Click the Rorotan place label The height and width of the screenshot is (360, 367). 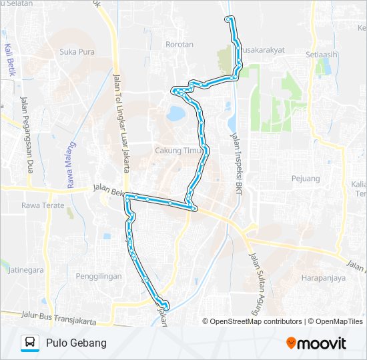[x=179, y=45]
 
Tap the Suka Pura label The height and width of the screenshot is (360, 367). [x=77, y=51]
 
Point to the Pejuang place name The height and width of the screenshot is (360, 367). [x=306, y=179]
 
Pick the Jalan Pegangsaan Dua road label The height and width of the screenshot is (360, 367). [x=27, y=133]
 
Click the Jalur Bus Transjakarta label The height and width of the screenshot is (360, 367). [x=58, y=317]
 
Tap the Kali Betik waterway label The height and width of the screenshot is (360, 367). [x=9, y=60]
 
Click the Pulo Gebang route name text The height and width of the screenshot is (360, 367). [x=77, y=343]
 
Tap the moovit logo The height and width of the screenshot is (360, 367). [x=316, y=343]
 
